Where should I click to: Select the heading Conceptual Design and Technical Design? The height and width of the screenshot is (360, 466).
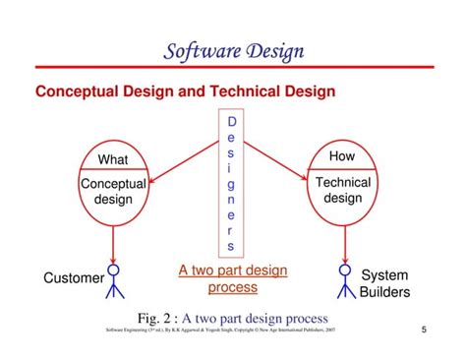(x=185, y=91)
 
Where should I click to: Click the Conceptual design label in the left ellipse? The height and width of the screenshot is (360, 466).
(x=113, y=191)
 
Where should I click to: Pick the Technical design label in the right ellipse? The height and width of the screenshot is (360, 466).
(x=343, y=190)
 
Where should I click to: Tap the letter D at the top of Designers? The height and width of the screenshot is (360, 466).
(x=232, y=122)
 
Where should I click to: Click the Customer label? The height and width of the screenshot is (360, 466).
(x=74, y=278)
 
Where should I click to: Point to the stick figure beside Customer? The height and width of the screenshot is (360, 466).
(x=114, y=279)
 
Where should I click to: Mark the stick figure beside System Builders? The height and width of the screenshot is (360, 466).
(x=344, y=279)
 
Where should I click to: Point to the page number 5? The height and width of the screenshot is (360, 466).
(x=425, y=330)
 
